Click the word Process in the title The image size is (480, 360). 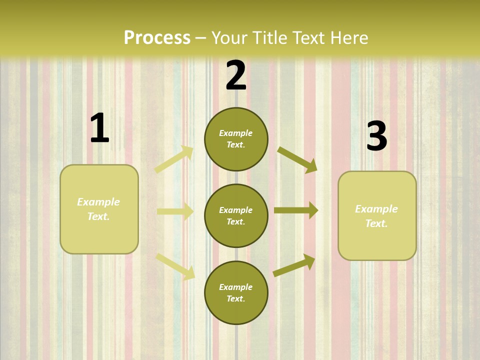coord(157,38)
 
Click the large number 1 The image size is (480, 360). coord(99,128)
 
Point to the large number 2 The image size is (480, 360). coord(236,75)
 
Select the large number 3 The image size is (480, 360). coord(376,136)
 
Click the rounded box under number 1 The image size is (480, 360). coord(99,209)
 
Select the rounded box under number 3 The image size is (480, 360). coord(377,215)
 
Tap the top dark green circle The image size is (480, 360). coord(236,139)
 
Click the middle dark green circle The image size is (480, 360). coord(236,215)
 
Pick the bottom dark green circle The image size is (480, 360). coord(236,292)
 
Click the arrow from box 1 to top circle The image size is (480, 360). coord(174,159)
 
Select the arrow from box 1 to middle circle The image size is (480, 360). coord(175,211)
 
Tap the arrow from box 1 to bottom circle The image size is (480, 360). coord(175,266)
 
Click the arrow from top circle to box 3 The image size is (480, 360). coord(297,159)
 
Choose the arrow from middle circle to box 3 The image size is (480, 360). coord(296,210)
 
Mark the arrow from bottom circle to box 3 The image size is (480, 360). coord(294,265)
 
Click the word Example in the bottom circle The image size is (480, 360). coord(236,287)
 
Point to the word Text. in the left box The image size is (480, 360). coord(98,216)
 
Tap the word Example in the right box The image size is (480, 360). coord(376,209)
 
